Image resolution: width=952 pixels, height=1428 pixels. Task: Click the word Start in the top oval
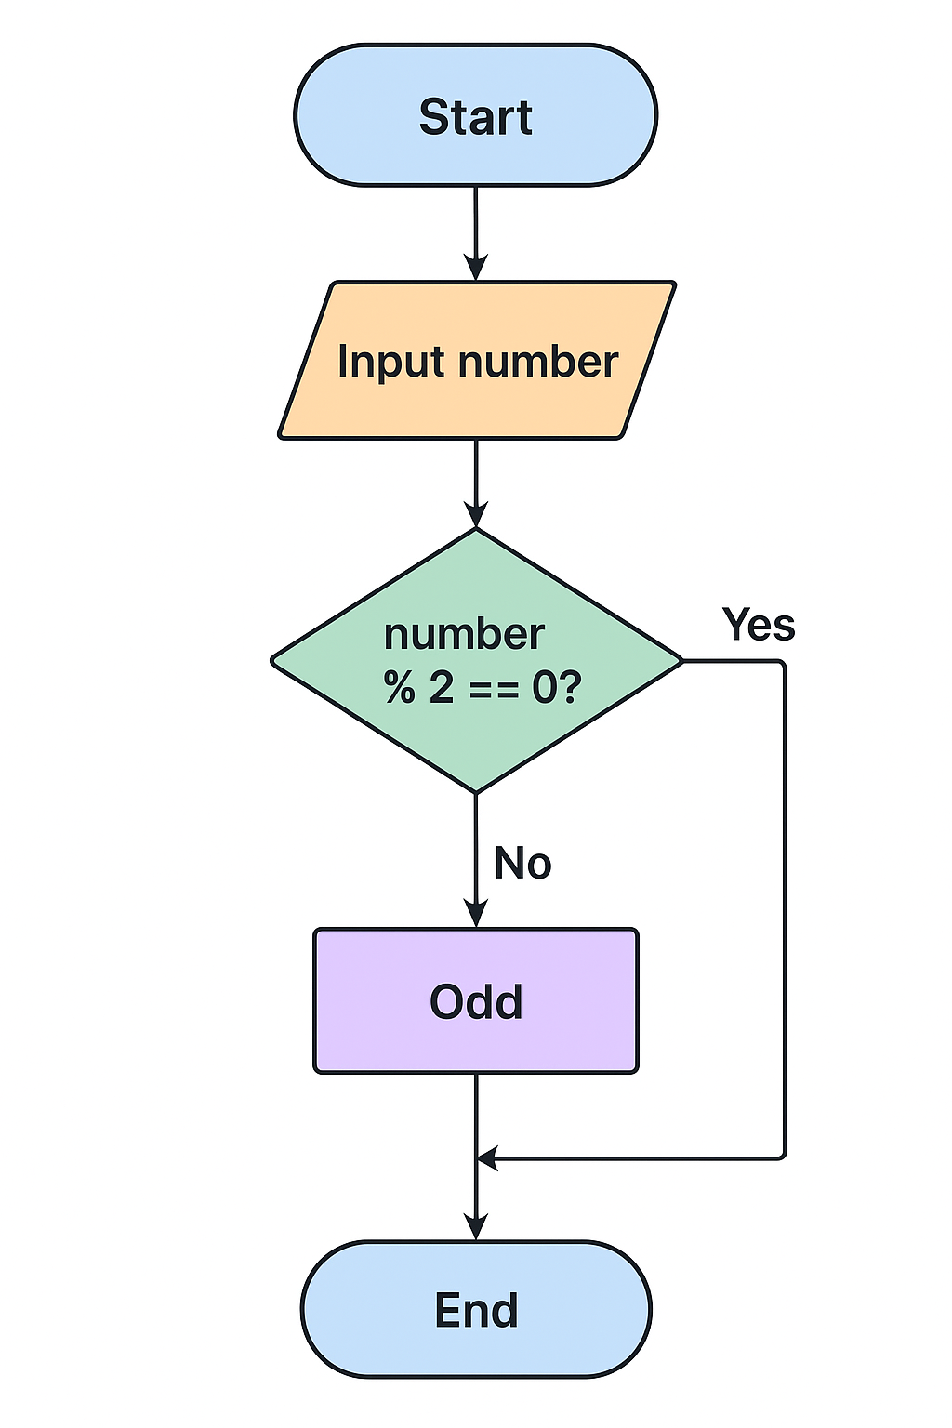[x=475, y=117]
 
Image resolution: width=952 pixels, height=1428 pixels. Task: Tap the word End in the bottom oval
[x=476, y=1310]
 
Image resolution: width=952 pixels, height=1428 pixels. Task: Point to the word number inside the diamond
[x=464, y=634]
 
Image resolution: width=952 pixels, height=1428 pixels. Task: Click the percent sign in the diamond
[x=400, y=688]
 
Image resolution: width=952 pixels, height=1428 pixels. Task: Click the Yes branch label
[x=759, y=625]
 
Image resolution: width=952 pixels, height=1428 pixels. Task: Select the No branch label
[x=522, y=863]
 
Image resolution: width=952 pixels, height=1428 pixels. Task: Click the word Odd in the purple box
[x=476, y=1001]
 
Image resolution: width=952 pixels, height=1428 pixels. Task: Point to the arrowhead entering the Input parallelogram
[x=476, y=269]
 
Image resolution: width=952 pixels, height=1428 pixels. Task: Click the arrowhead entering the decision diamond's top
[x=476, y=516]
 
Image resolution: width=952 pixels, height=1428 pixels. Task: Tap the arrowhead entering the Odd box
[x=476, y=915]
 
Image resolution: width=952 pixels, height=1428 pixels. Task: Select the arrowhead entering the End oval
[x=476, y=1228]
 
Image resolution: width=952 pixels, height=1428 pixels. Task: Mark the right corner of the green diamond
[x=681, y=661]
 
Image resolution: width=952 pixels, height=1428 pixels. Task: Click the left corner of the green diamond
[x=272, y=661]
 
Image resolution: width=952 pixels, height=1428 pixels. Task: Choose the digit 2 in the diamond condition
[x=442, y=688]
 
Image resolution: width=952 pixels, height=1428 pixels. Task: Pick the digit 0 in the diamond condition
[x=544, y=688]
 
